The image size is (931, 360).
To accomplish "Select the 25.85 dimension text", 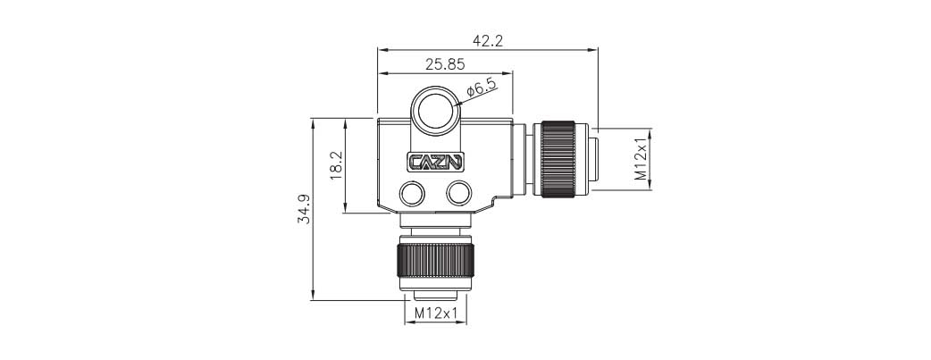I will tap(444, 64).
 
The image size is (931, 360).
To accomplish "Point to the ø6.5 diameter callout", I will tap(482, 88).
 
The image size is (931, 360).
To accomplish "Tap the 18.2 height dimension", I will tap(336, 165).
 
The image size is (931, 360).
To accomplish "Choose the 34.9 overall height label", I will tap(304, 208).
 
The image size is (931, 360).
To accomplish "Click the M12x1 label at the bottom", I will tap(437, 313).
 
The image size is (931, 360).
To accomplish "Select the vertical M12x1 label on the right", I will tap(641, 158).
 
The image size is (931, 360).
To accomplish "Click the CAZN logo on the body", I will tap(435, 163).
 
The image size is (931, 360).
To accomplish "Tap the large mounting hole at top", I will tap(436, 110).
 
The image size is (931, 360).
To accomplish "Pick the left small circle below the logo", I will tap(413, 192).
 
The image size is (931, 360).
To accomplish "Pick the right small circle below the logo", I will tap(459, 192).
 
